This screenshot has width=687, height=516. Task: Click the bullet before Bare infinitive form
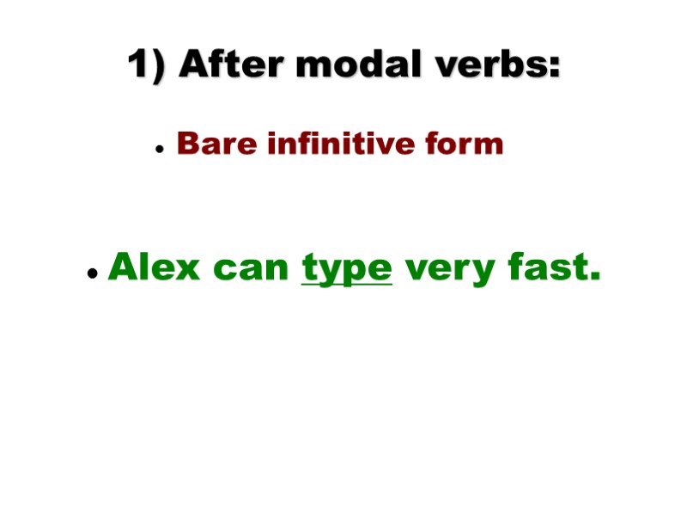pos(160,149)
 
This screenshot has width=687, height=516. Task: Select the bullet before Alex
pos(91,273)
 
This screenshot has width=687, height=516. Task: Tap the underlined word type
pos(347,269)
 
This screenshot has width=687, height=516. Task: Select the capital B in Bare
pos(187,144)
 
